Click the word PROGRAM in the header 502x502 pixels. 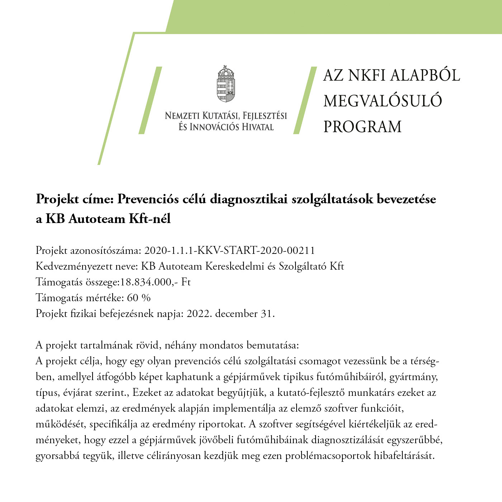tap(362, 127)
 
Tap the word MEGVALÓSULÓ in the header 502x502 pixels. tap(383, 101)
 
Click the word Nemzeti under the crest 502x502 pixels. tap(182, 116)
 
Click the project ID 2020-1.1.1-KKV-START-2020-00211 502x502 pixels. tap(229, 250)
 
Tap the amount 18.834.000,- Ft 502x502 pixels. tap(155, 282)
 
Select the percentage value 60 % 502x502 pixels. tap(139, 298)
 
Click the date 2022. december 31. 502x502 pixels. tap(231, 313)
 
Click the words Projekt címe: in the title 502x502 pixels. tap(75, 199)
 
